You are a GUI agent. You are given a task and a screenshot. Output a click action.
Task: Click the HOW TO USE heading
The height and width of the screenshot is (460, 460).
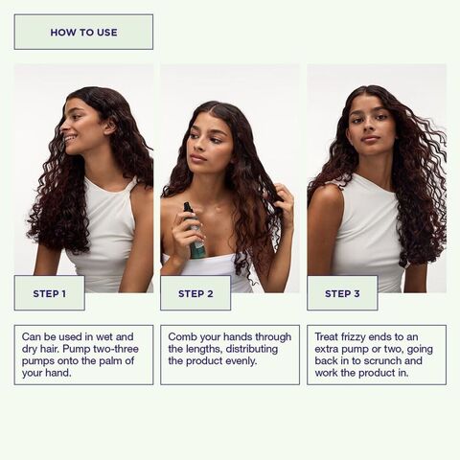click(83, 33)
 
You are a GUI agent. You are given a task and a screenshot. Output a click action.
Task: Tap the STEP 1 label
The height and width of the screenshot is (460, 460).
click(50, 293)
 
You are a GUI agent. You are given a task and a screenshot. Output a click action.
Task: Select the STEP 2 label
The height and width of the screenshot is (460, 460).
click(195, 293)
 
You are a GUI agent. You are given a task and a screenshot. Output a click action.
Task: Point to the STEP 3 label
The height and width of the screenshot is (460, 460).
click(342, 293)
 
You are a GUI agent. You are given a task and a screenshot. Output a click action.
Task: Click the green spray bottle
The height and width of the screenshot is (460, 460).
click(194, 231)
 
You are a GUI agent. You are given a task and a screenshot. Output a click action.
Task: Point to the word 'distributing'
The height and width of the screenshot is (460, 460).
click(252, 349)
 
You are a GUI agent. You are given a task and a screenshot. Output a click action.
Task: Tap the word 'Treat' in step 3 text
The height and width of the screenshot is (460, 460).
click(326, 336)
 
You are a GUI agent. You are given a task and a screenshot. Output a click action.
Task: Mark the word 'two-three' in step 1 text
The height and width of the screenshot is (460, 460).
click(116, 349)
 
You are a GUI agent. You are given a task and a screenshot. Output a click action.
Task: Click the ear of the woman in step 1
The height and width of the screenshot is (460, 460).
click(110, 127)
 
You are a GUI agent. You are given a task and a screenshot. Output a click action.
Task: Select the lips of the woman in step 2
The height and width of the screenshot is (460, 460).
click(197, 157)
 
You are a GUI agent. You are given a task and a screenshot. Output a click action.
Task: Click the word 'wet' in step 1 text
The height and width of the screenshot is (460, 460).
click(104, 336)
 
